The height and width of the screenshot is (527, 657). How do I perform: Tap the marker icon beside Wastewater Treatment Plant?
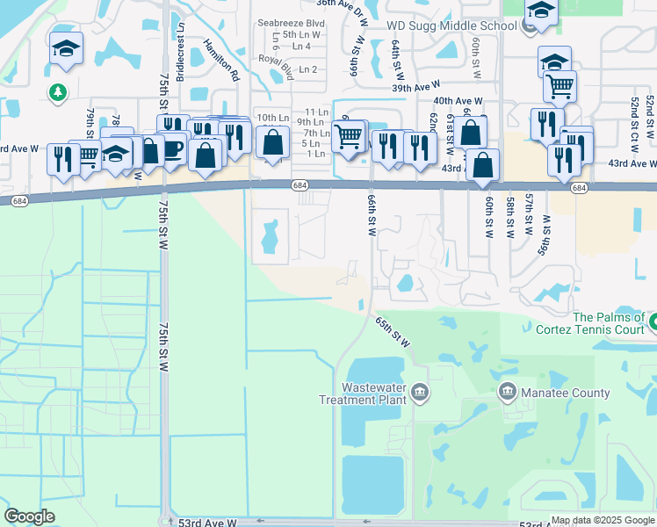420,391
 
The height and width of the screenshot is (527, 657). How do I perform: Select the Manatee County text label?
566,393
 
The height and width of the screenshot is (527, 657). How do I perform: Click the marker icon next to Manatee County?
507,391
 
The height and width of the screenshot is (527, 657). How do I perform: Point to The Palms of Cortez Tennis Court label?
609,323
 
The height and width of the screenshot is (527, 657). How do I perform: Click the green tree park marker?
58,91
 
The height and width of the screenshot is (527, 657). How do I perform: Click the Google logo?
29,516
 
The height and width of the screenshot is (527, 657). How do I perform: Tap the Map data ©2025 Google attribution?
603,520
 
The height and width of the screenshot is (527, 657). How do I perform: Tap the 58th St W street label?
510,217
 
